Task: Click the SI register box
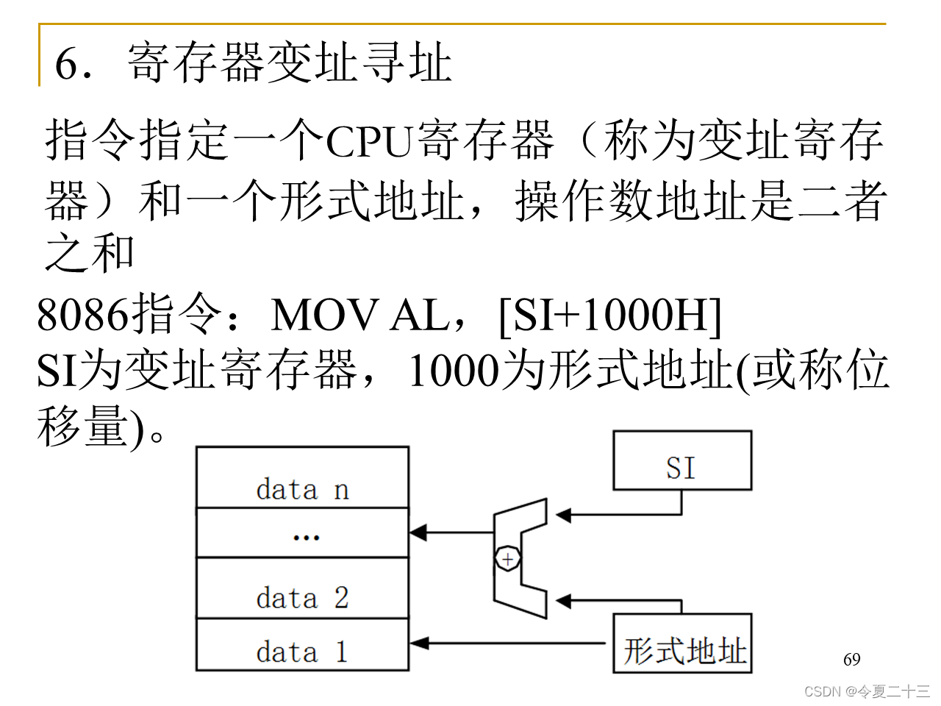click(x=681, y=461)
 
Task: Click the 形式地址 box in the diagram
click(x=682, y=643)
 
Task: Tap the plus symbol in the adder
click(x=507, y=560)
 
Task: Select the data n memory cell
click(x=302, y=477)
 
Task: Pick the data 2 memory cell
click(x=302, y=588)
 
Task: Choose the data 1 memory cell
click(x=302, y=645)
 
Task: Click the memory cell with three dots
click(x=302, y=532)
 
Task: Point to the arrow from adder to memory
click(x=451, y=532)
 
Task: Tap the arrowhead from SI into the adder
click(x=564, y=515)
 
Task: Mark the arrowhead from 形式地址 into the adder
click(x=564, y=602)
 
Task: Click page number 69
click(x=851, y=660)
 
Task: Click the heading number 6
click(x=67, y=64)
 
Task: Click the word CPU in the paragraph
click(x=368, y=141)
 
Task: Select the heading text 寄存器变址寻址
click(x=289, y=63)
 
